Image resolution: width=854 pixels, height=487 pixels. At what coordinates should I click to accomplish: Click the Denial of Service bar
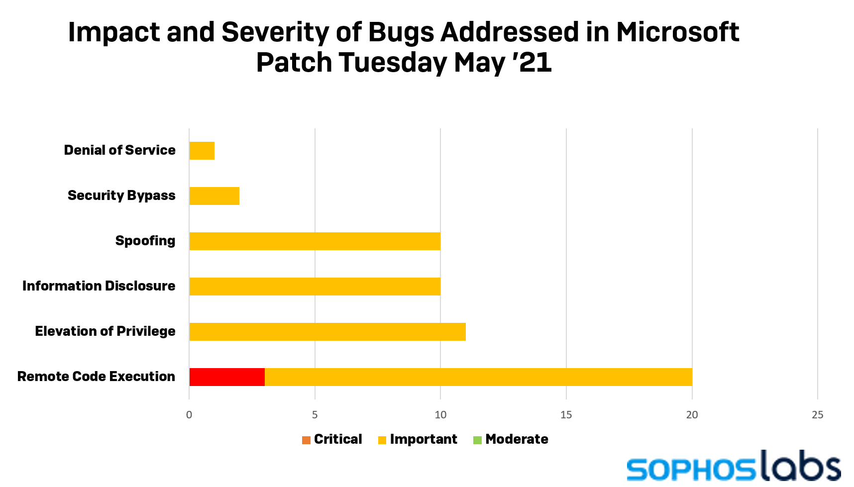click(x=202, y=151)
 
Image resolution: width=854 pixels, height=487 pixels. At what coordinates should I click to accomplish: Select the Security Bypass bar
click(x=214, y=196)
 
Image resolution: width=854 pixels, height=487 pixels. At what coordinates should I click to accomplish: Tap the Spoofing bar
click(x=315, y=241)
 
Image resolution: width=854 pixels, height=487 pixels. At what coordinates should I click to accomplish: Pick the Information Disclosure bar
click(x=315, y=287)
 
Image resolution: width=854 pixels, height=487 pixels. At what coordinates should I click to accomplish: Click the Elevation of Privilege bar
click(x=327, y=332)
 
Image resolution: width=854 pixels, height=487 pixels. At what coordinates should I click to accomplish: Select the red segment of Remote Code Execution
click(x=227, y=377)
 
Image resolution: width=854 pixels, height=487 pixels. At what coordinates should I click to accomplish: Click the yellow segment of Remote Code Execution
click(x=478, y=377)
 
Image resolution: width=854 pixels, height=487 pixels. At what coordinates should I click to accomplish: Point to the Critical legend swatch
click(x=306, y=440)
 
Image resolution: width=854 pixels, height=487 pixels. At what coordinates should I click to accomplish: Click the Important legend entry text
click(x=423, y=439)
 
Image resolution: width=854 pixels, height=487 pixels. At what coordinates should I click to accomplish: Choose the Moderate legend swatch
click(x=477, y=440)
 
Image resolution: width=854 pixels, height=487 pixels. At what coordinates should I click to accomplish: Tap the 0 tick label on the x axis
click(x=189, y=415)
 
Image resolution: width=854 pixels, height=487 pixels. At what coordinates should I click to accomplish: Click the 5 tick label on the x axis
click(x=315, y=415)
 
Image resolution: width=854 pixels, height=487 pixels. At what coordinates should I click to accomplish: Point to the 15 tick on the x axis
click(x=566, y=415)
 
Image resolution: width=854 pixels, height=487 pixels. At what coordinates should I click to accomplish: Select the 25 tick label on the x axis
click(x=818, y=415)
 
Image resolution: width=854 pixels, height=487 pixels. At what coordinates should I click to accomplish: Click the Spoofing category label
click(x=145, y=241)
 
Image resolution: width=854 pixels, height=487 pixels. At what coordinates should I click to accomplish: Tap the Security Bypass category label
click(x=121, y=195)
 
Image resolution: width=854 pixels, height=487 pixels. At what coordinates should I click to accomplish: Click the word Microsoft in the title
click(x=677, y=32)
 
